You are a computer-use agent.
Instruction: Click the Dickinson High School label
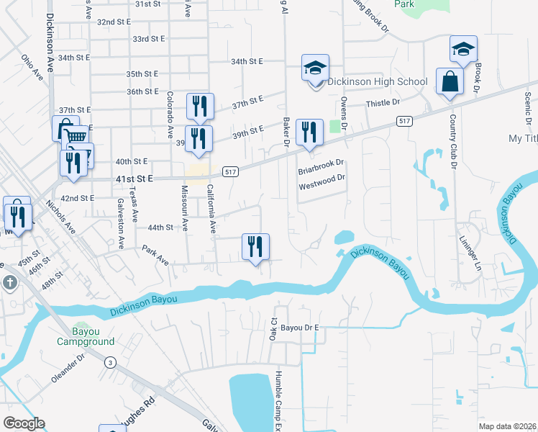point(378,81)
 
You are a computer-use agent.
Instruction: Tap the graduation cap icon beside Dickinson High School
point(315,69)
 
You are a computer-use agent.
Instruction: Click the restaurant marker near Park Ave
point(255,247)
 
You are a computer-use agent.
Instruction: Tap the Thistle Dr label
point(383,103)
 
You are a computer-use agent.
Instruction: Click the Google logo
point(24,423)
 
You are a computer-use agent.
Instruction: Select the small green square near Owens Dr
point(335,127)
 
